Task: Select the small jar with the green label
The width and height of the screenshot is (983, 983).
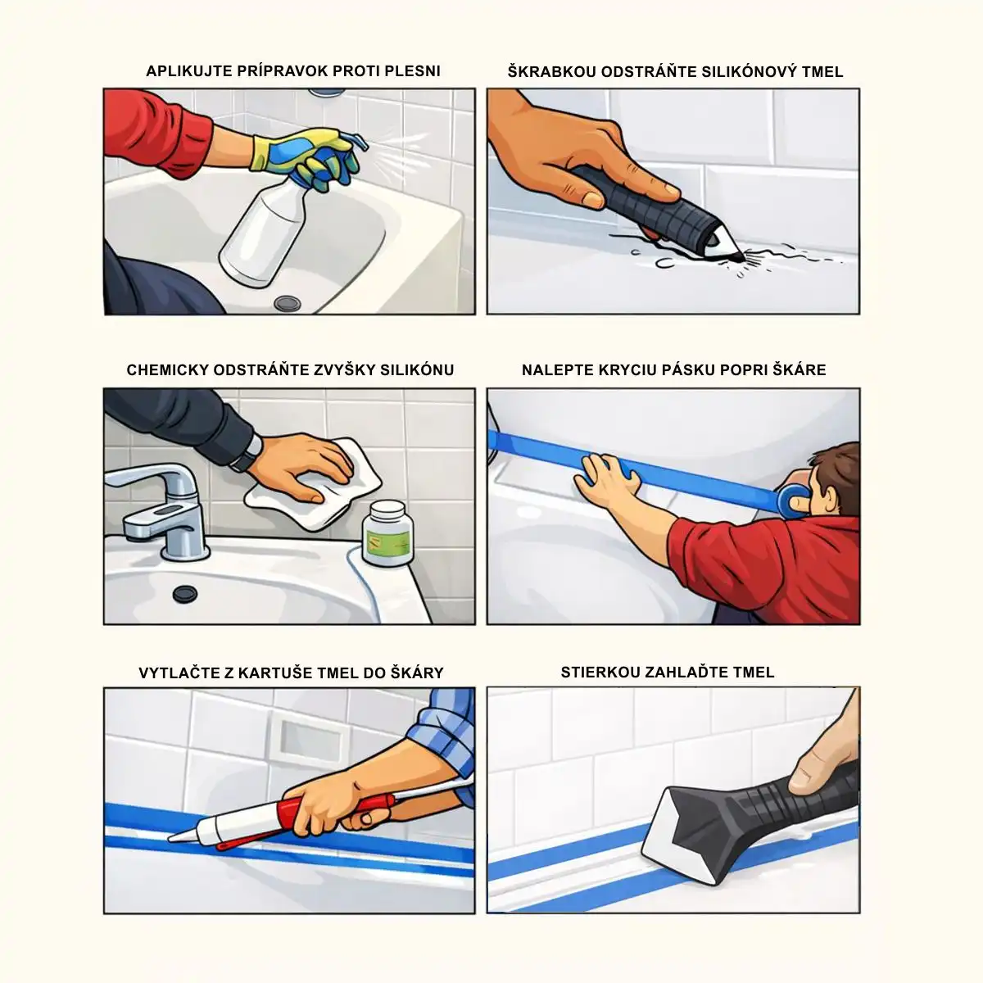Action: coord(387,533)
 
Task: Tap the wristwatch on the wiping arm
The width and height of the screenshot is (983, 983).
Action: coord(247,453)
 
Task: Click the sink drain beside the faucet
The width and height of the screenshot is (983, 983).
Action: coord(184,594)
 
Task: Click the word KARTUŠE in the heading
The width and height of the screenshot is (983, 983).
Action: coord(274,673)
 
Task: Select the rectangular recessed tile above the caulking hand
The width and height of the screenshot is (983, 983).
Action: coord(310,738)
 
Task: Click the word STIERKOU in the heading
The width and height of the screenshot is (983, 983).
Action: coord(600,673)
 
